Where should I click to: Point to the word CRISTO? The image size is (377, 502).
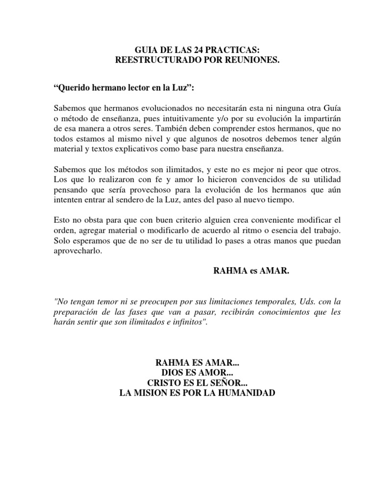pos(163,383)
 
